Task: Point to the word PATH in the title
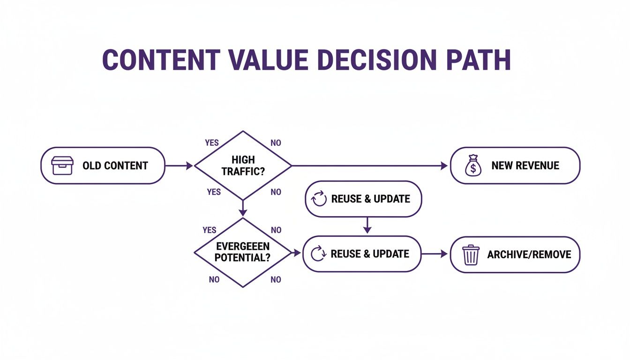pyautogui.click(x=479, y=60)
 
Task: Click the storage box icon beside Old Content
pyautogui.click(x=62, y=165)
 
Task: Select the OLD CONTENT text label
pyautogui.click(x=115, y=165)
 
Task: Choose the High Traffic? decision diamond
pyautogui.click(x=243, y=165)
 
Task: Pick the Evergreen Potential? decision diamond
pyautogui.click(x=243, y=253)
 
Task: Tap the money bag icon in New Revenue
pyautogui.click(x=472, y=166)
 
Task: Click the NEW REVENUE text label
pyautogui.click(x=525, y=165)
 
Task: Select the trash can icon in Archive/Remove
pyautogui.click(x=471, y=255)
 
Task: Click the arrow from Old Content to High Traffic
pyautogui.click(x=179, y=165)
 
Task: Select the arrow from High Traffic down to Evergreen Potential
pyautogui.click(x=243, y=208)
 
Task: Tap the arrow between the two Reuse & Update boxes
pyautogui.click(x=367, y=225)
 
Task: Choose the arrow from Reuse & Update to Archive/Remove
pyautogui.click(x=435, y=254)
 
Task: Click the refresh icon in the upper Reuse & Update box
pyautogui.click(x=319, y=199)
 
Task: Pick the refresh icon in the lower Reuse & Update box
pyautogui.click(x=319, y=254)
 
